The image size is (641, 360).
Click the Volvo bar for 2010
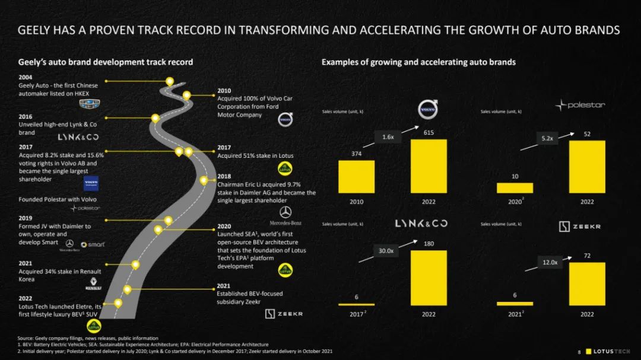pyautogui.click(x=356, y=177)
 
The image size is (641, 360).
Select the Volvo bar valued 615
pyautogui.click(x=429, y=166)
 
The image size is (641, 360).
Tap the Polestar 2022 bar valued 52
pyautogui.click(x=586, y=167)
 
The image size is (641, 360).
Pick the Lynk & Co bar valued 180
pyautogui.click(x=429, y=278)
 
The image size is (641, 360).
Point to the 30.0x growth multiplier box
pyautogui.click(x=386, y=251)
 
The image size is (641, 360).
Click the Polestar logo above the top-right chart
pyautogui.click(x=580, y=105)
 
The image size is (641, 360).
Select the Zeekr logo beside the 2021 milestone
pyautogui.click(x=284, y=313)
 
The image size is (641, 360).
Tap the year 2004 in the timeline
pyautogui.click(x=26, y=77)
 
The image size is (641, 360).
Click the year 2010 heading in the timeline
pyautogui.click(x=224, y=91)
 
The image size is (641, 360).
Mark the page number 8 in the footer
pyautogui.click(x=579, y=352)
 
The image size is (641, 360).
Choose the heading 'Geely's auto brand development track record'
pyautogui.click(x=106, y=62)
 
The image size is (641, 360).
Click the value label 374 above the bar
pyautogui.click(x=356, y=154)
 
